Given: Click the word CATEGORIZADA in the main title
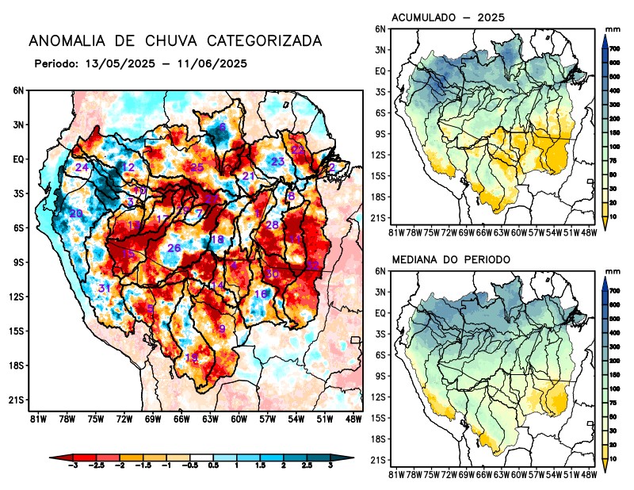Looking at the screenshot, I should coord(262,40).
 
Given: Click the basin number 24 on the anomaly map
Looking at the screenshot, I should coord(82,167).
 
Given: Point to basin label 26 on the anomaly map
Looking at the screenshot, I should coord(174,248).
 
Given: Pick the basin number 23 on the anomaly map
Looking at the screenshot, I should coord(277,162).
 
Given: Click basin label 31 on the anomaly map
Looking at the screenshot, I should coord(105,287).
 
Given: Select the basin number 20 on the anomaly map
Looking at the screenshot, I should coord(76,213).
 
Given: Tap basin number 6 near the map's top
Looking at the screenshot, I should coord(223,127).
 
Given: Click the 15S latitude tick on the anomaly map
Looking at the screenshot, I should coord(17,331).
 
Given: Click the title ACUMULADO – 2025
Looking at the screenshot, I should coord(449,17).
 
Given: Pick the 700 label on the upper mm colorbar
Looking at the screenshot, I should coord(613,48).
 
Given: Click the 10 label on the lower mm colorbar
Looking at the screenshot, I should coord(613,459).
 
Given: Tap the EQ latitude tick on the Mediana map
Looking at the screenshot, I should coord(380,313).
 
